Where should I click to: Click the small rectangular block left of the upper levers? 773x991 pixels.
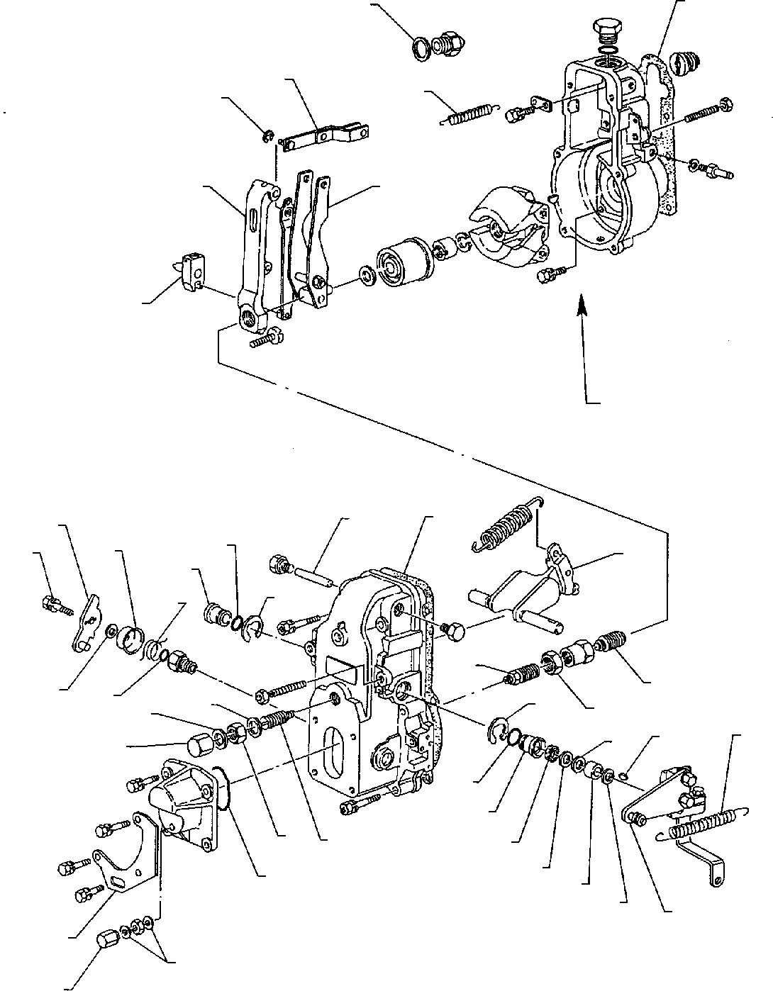[x=191, y=271]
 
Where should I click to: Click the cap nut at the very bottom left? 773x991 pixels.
[x=107, y=941]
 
